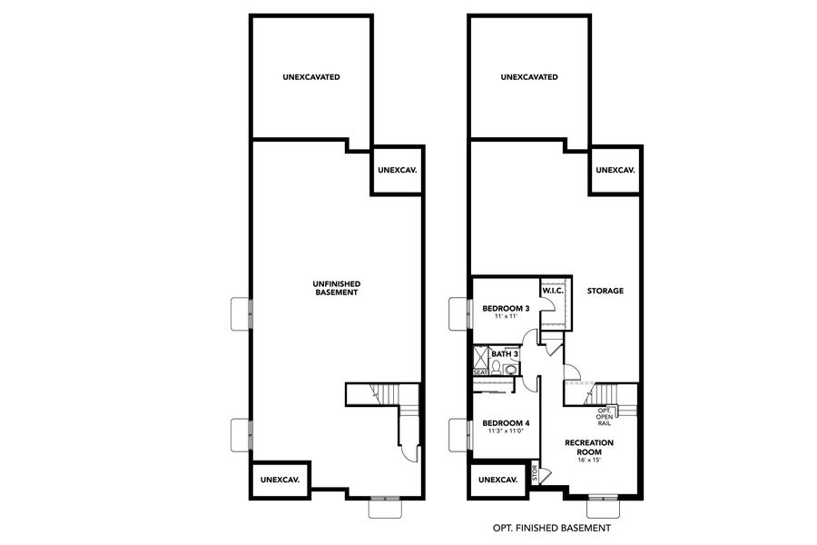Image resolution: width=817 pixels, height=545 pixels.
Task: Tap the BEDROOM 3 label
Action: point(505,308)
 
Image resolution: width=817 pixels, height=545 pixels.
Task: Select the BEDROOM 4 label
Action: point(506,423)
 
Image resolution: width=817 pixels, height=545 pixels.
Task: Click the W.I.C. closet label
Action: point(554,291)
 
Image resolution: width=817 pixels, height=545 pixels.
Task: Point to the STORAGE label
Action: point(605,291)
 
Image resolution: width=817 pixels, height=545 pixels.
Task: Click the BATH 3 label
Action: point(504,353)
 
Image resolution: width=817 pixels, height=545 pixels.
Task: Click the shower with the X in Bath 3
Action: point(480,356)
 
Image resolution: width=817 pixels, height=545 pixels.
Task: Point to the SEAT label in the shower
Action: point(480,372)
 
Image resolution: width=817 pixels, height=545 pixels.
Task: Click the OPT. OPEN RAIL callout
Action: point(604,417)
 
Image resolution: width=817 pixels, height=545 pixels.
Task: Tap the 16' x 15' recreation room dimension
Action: point(589,461)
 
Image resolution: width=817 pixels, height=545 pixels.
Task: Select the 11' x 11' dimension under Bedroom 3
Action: point(505,317)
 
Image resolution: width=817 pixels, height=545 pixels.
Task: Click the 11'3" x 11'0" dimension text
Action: point(506,432)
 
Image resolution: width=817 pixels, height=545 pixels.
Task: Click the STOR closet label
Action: point(535,473)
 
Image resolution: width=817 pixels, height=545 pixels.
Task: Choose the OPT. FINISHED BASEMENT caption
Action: point(551,528)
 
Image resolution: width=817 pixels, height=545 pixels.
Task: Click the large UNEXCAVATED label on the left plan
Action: point(310,77)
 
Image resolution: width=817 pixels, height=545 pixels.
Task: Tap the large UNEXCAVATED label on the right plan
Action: point(529,77)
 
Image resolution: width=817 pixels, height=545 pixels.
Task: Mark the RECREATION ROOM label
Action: point(589,446)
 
